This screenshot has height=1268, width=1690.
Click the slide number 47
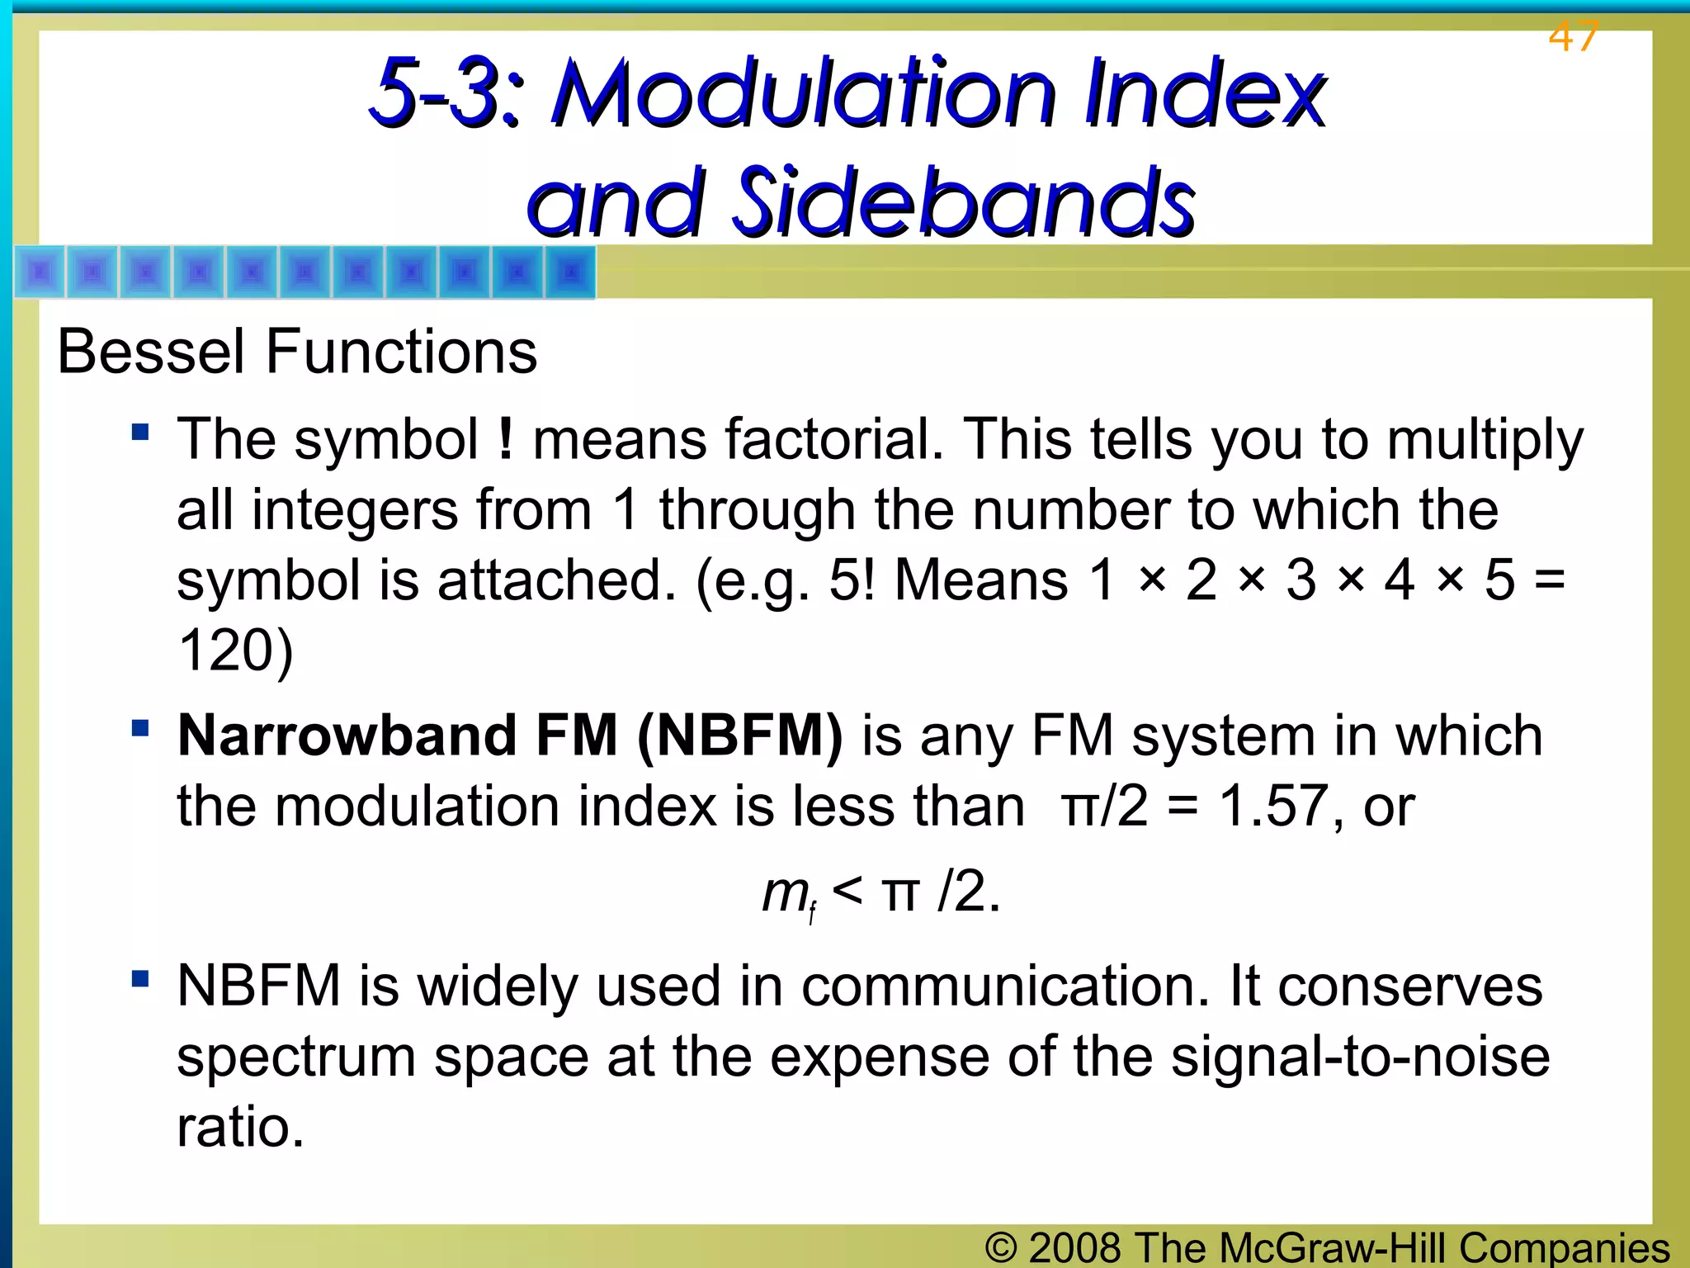1573,37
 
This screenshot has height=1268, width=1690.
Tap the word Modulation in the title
805,92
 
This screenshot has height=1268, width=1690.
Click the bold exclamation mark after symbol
506,439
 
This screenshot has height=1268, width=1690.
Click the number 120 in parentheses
224,651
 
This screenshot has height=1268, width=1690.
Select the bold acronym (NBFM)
740,736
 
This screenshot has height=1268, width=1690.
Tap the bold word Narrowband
347,736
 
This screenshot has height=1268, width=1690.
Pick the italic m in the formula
784,893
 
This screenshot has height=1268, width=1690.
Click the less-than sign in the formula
847,892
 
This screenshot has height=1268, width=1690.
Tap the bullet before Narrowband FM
140,728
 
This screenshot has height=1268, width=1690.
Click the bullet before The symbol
140,432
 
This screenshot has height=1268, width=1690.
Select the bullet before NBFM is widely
140,979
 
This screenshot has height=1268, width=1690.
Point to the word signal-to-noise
1360,1057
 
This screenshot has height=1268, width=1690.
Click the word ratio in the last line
239,1128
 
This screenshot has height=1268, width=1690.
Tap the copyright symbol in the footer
1001,1248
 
